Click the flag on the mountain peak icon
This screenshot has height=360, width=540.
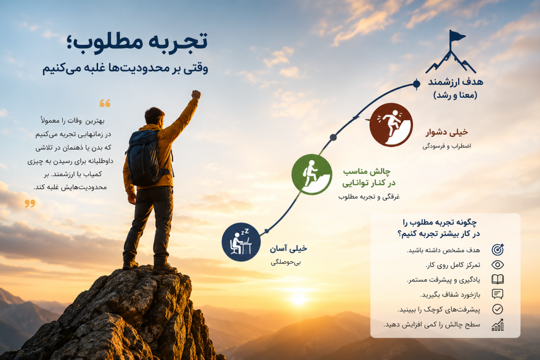(457, 36)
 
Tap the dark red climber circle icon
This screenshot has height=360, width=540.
(391, 125)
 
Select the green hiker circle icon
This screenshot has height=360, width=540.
(312, 174)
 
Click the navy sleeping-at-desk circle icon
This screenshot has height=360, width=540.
(241, 242)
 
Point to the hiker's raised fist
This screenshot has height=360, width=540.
(196, 94)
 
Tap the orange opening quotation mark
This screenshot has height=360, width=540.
(105, 103)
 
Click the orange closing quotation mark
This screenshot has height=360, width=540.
(30, 203)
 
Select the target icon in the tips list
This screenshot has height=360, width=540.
(498, 250)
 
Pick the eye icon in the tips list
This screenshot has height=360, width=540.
(498, 265)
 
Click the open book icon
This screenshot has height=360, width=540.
(498, 279)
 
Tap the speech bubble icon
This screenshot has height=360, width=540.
(498, 294)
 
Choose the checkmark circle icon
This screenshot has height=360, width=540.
(498, 309)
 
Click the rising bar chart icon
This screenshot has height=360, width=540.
(498, 324)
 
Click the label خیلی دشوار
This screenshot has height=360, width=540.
(446, 132)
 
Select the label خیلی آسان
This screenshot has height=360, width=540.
(288, 248)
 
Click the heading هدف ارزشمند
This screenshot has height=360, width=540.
(455, 82)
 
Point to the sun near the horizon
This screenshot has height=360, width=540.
(298, 298)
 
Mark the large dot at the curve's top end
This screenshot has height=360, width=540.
(416, 84)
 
